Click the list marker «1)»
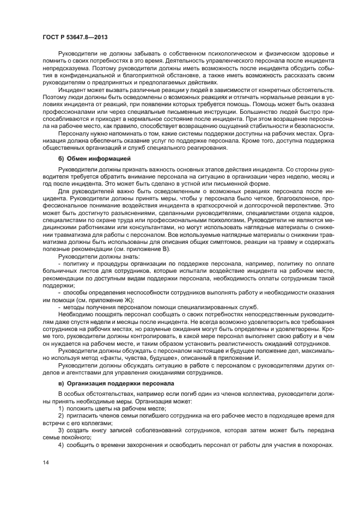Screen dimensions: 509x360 (62, 408)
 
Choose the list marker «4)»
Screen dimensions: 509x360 (62, 444)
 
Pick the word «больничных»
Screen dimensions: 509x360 (63, 270)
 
